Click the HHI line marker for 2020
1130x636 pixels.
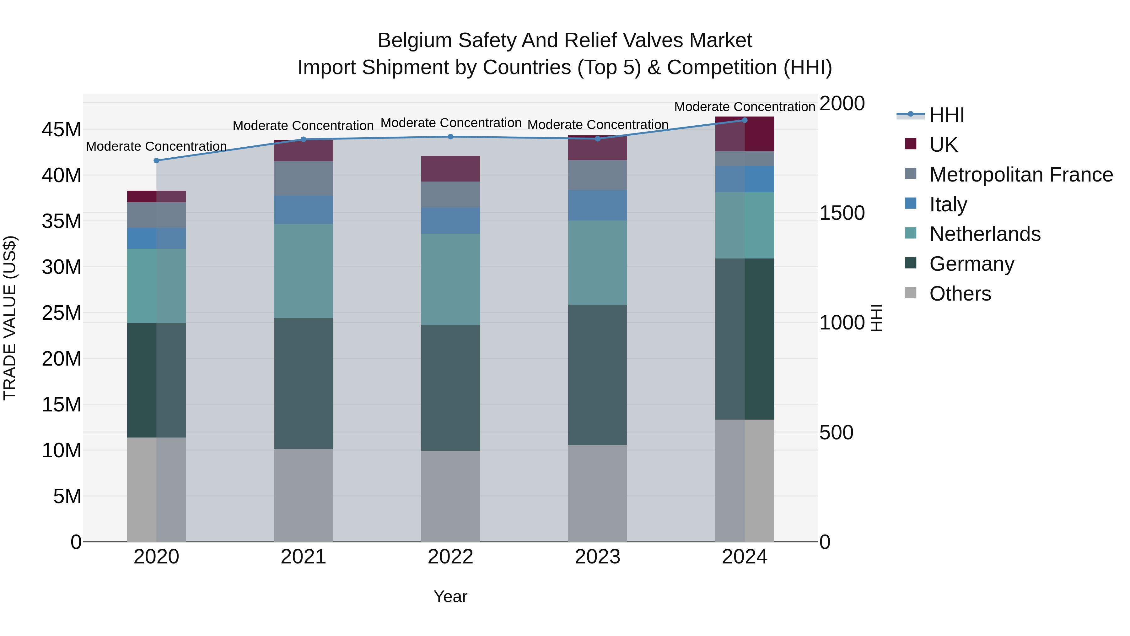(156, 160)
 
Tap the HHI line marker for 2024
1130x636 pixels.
(745, 120)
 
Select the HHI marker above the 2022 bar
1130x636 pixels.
(450, 137)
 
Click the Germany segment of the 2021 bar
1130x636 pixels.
(304, 383)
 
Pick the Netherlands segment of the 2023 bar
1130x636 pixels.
(597, 263)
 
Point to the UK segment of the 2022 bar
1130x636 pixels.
(450, 169)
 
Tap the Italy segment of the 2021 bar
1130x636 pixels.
(304, 210)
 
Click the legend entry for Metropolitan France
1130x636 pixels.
(1021, 175)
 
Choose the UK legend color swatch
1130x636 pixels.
(911, 144)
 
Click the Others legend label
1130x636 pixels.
(960, 294)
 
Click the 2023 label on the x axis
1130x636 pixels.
(597, 557)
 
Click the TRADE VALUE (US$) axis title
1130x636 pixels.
(10, 318)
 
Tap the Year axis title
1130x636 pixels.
(450, 596)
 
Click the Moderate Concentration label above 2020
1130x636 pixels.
(156, 146)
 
